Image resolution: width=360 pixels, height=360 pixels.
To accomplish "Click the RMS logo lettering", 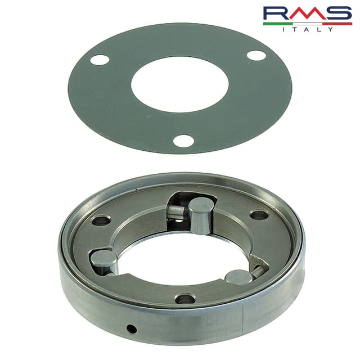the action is pos(308,13).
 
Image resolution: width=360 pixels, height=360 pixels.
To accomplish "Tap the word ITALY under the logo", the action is pos(308,29).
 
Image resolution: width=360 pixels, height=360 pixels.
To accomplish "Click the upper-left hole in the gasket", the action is pos(100,60).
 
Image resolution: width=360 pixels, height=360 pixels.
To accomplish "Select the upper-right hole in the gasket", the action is pos(256,55).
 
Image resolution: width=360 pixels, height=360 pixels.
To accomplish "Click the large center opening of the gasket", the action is pos(180,84).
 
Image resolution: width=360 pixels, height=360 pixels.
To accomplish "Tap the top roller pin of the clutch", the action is pos(201,216).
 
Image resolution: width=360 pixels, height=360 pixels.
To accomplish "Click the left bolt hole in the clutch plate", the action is pos(101,220).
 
